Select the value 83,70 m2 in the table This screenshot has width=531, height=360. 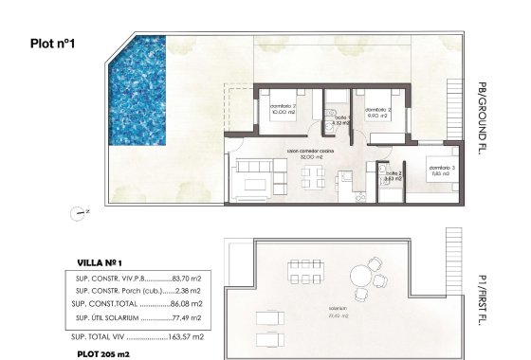(187, 278)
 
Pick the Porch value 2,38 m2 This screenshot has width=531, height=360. (190, 291)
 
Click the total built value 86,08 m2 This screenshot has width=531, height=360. (187, 304)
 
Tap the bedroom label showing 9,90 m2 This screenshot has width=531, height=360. (377, 113)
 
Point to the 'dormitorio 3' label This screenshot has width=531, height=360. (439, 169)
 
